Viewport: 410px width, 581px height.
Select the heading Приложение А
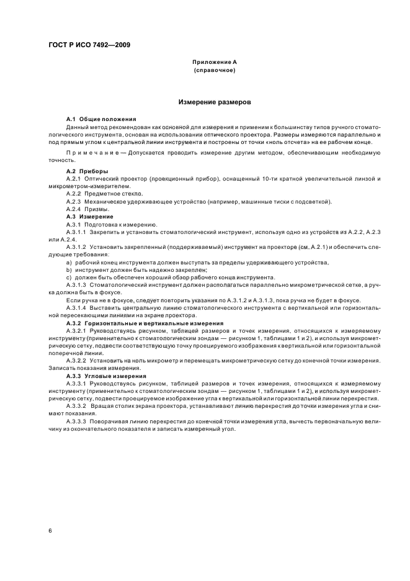(214, 63)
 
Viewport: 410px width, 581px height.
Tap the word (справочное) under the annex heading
(214, 70)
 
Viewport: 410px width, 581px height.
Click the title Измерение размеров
(214, 101)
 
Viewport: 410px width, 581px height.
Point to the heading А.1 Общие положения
(101, 119)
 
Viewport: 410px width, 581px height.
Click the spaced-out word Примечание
(91, 151)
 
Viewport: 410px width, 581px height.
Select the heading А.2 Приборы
(87, 171)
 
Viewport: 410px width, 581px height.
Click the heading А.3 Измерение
(90, 217)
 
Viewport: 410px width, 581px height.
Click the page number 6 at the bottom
(50, 531)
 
